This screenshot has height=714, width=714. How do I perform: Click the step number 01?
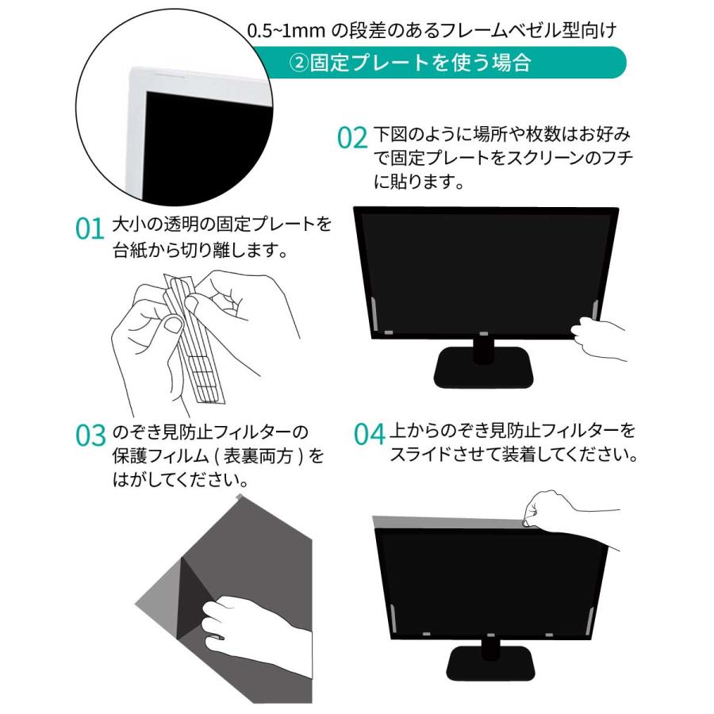point(90,228)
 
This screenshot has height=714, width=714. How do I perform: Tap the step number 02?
point(352,137)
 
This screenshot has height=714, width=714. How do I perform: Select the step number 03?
point(90,436)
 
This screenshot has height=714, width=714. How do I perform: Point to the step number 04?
point(369,434)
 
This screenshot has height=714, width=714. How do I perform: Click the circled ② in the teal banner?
point(299,63)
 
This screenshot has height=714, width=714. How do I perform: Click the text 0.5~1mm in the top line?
point(286,30)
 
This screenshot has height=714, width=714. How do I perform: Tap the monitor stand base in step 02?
point(483,367)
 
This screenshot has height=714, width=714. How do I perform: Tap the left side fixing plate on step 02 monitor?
point(374,313)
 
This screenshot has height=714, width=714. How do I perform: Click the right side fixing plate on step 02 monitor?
point(594,312)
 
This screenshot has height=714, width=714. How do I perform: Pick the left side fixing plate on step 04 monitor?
point(393,618)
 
